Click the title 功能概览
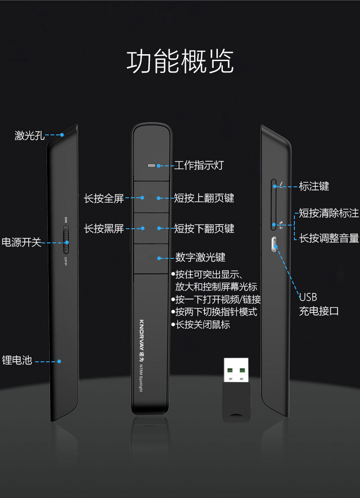pos(180,62)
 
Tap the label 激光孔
pos(30,135)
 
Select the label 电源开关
pos(21,242)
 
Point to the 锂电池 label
pos(17,360)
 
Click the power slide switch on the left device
pos(66,240)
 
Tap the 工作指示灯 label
pos(199,165)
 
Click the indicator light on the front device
pos(152,165)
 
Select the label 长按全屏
pos(104,199)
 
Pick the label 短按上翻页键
pos(204,198)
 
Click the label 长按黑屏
pos(104,229)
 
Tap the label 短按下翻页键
pos(204,228)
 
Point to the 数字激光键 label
pos(201,257)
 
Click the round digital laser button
pos(151,258)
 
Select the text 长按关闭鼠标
pos(203,325)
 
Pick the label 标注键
pos(314,186)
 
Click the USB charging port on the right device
pos(273,244)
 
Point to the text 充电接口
pos(319,312)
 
